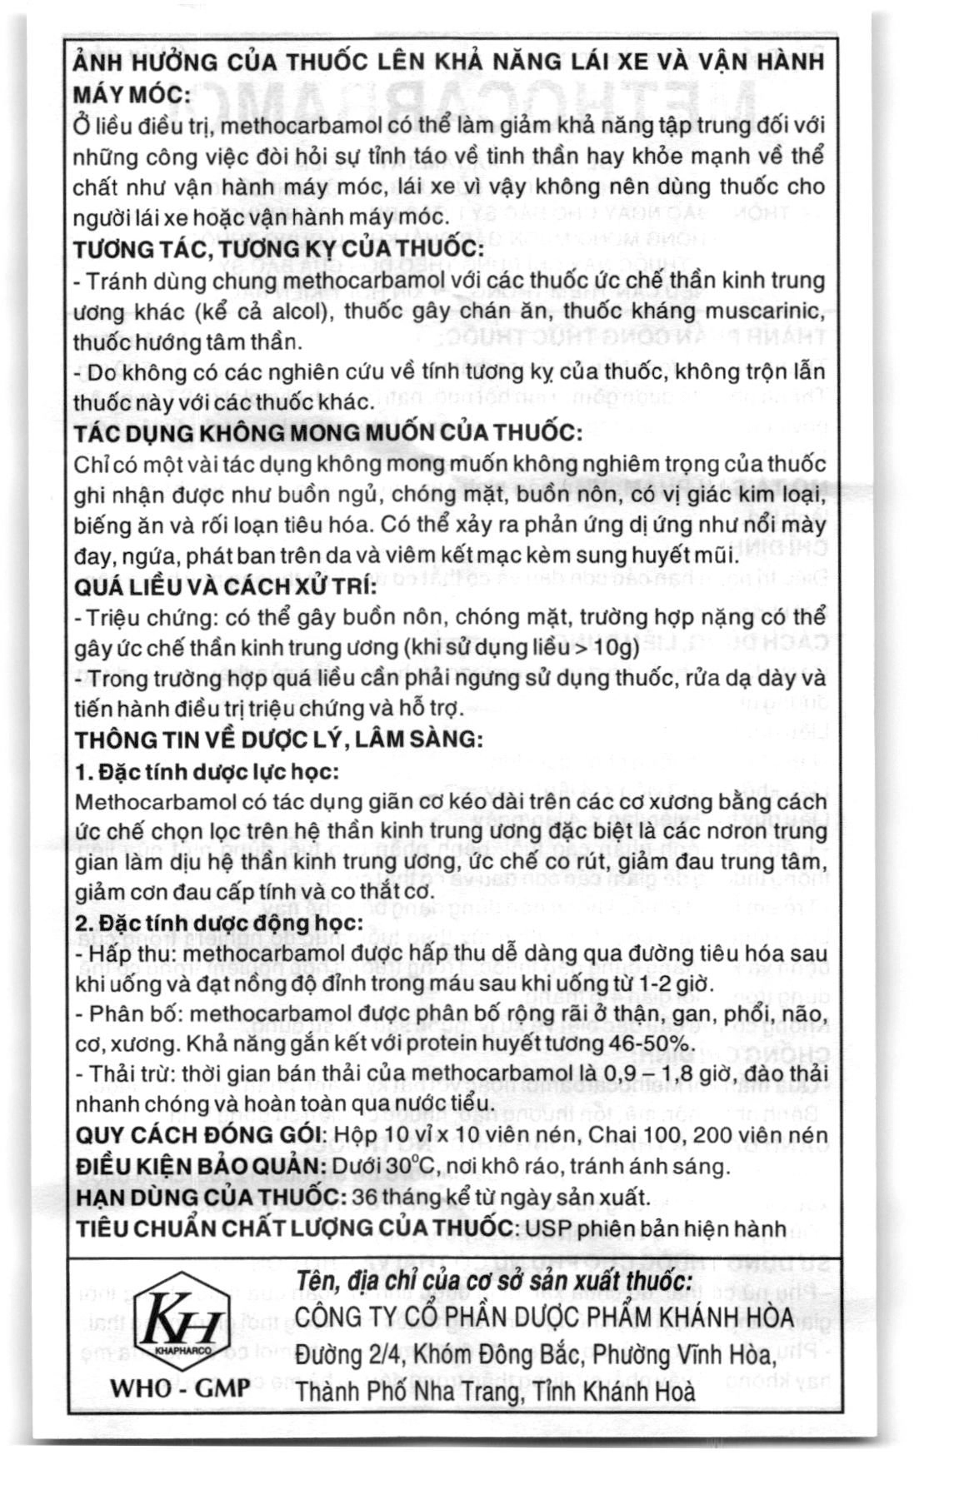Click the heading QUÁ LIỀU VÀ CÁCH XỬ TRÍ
coord(226,587)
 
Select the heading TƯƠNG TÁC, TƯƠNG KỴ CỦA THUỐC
coord(278,249)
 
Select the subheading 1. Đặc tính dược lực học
coord(207,771)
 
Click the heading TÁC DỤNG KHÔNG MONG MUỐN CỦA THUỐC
coord(327,433)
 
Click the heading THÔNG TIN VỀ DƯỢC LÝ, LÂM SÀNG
coord(278,740)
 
